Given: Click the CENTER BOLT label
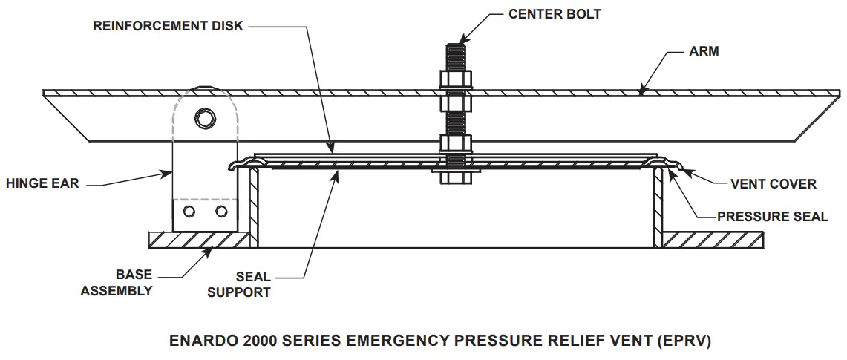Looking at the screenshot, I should [x=555, y=14].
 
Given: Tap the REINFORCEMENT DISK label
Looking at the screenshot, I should [x=167, y=26].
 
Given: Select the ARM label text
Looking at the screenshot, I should [x=704, y=52].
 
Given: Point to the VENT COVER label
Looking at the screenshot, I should [x=773, y=183].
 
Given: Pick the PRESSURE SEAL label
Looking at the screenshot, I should [x=772, y=217].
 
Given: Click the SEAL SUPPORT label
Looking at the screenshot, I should [x=238, y=284].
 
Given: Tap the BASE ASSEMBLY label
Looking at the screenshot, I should [x=116, y=283].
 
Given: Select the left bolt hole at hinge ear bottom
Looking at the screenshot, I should [x=189, y=212].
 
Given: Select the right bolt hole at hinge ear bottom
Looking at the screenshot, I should [x=220, y=212].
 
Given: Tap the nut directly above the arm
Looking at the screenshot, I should [x=455, y=79].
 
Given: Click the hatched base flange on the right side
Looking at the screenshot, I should [x=713, y=240].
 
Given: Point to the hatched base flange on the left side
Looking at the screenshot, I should [x=197, y=240].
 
